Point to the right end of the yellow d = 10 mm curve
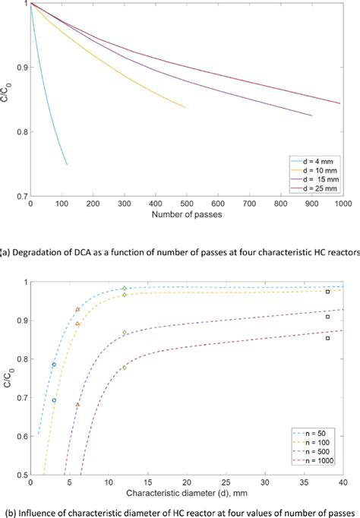click(185, 107)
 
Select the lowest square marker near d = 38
click(327, 338)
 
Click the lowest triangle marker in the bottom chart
click(77, 405)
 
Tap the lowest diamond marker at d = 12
click(125, 368)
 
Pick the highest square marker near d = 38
click(327, 292)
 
